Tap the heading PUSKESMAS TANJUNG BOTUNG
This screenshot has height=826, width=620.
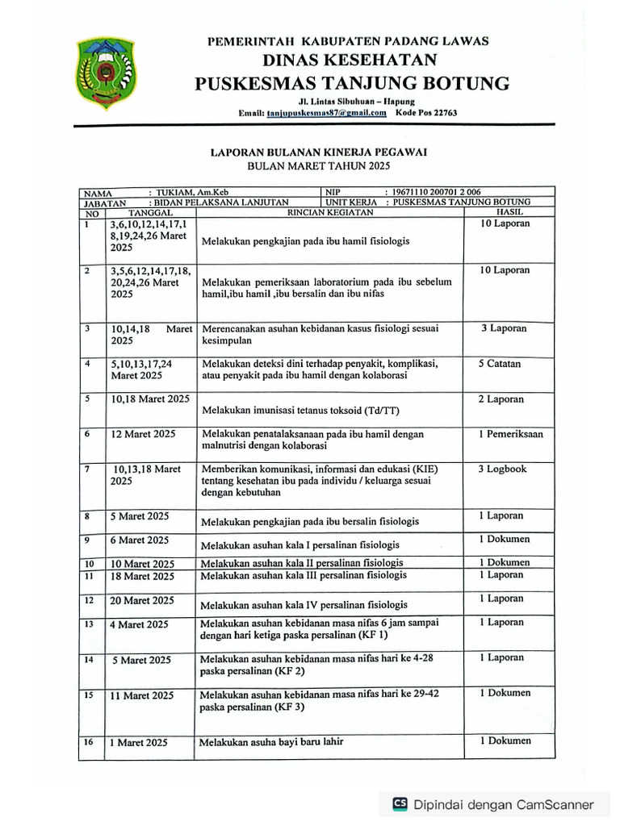point(351,83)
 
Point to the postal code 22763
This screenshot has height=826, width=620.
point(442,113)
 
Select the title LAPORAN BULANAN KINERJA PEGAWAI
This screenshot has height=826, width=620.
point(318,151)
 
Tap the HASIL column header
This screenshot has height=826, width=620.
point(509,212)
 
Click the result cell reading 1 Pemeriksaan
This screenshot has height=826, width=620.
point(510,434)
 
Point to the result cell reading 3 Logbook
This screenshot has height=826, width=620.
point(501,469)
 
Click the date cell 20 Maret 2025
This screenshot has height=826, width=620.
point(142,601)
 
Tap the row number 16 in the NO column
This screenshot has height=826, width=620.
point(89,741)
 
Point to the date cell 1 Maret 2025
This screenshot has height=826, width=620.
point(140,742)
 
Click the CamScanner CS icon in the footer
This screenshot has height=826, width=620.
point(400,803)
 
